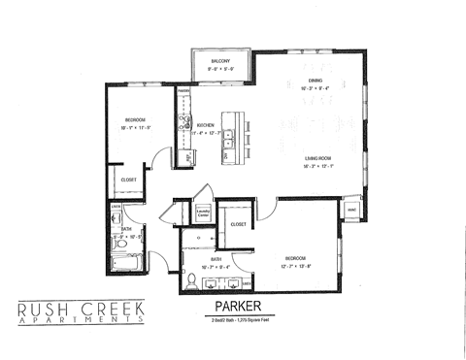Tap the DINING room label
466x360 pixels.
316,81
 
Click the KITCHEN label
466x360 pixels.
205,126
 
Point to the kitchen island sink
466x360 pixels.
227,146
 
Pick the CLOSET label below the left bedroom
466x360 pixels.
129,180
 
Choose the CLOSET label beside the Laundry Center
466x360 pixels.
239,225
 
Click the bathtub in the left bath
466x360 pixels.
126,262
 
